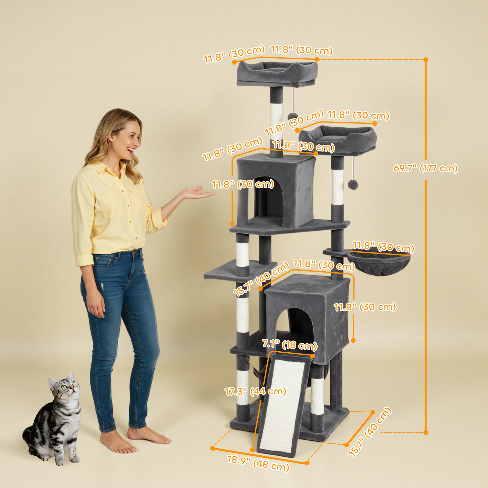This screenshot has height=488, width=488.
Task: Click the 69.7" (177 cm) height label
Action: pos(425,168)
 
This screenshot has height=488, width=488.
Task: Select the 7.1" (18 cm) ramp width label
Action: pos(289,345)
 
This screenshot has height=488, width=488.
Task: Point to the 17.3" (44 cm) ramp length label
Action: pos(255,392)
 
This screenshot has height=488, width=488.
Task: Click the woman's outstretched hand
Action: pos(194,193)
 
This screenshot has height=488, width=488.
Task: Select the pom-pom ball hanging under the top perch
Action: pos(293,116)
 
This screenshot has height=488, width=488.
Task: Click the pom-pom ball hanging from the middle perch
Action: pos(353,185)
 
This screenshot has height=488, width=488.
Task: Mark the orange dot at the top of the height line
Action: pos(426,60)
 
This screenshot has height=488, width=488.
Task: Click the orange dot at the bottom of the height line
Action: pos(426,432)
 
